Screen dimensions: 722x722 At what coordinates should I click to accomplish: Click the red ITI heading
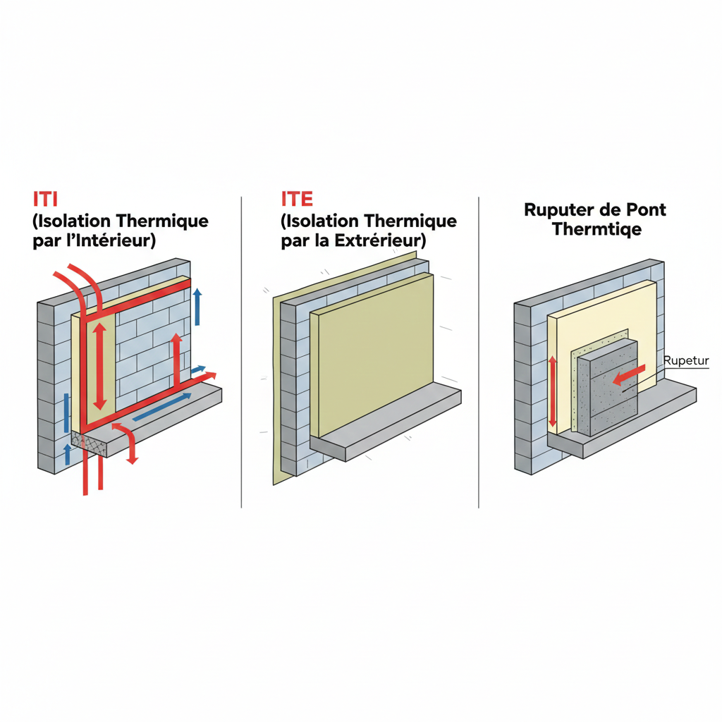click(x=46, y=199)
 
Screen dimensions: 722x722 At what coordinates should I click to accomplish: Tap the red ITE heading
click(x=297, y=199)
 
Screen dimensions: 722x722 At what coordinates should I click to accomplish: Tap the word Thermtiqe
click(x=596, y=229)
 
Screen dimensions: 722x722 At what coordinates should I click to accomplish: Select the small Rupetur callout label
click(x=685, y=360)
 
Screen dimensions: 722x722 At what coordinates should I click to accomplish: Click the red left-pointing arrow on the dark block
click(x=629, y=374)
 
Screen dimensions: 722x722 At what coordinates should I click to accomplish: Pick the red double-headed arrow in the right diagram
click(x=553, y=391)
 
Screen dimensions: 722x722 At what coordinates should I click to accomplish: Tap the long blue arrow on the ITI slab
click(x=161, y=407)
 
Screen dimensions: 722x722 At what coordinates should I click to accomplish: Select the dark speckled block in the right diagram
click(x=607, y=388)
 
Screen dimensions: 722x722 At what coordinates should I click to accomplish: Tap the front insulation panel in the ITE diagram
click(x=372, y=355)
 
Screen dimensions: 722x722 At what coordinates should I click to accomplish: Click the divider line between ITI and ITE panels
click(x=241, y=353)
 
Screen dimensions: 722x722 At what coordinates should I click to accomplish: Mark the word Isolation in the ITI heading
click(x=73, y=221)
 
